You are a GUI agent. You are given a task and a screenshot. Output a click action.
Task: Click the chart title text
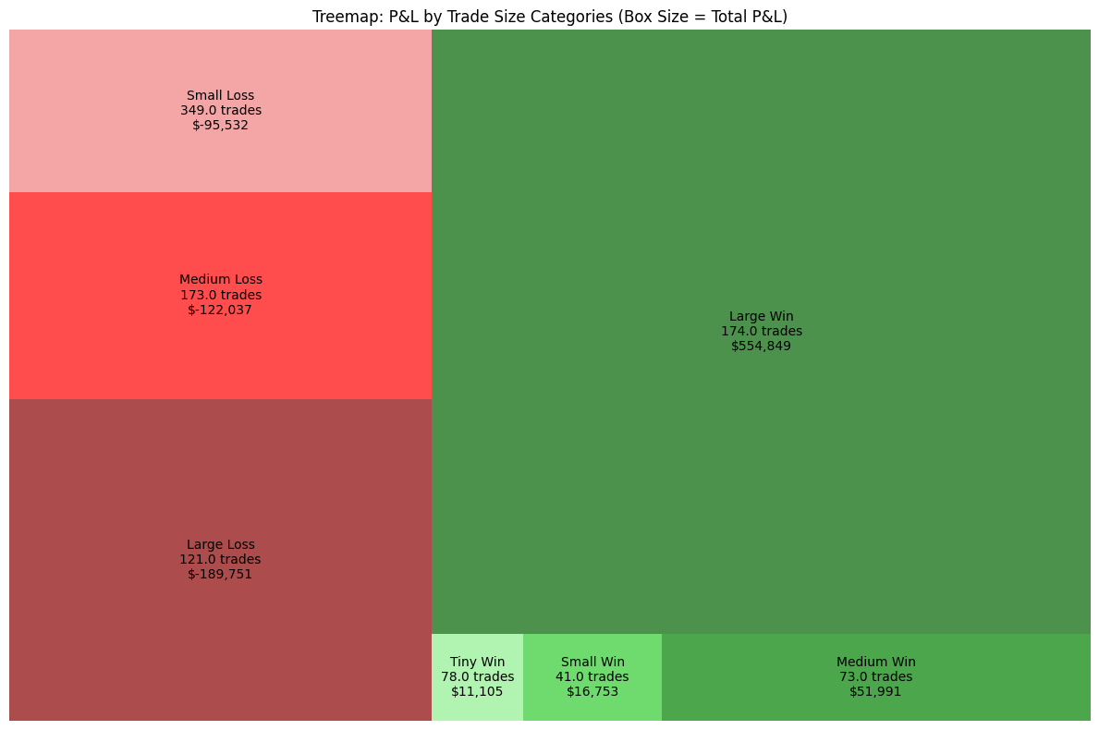(x=549, y=17)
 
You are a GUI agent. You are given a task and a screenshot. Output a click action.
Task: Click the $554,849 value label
(x=761, y=347)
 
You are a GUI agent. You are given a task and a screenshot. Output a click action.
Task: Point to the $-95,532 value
(x=220, y=126)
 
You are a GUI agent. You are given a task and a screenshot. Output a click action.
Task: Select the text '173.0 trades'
(x=220, y=295)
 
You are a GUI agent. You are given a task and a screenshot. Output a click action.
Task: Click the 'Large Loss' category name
(x=220, y=544)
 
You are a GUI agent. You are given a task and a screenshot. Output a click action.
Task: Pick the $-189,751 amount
(x=220, y=574)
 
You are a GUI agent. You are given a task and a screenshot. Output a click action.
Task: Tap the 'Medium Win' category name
(x=875, y=662)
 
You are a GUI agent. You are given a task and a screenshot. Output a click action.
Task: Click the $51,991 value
(x=875, y=691)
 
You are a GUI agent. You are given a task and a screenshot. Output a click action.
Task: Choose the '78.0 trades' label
(x=477, y=676)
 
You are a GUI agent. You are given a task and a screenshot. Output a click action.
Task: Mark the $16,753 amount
(x=592, y=691)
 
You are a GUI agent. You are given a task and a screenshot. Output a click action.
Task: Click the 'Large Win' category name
(x=761, y=316)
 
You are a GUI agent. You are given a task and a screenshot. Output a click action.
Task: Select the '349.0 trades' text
(x=220, y=110)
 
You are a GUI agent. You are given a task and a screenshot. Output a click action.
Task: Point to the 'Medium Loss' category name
(x=220, y=279)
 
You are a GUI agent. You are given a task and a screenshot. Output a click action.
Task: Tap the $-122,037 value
(x=220, y=310)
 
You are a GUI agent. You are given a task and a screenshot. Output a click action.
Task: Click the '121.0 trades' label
(x=220, y=559)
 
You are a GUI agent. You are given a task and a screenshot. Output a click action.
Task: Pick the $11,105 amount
(x=477, y=691)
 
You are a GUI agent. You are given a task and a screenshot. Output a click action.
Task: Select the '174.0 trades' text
(x=761, y=331)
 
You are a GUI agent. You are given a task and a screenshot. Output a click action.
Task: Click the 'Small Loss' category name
(x=220, y=95)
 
